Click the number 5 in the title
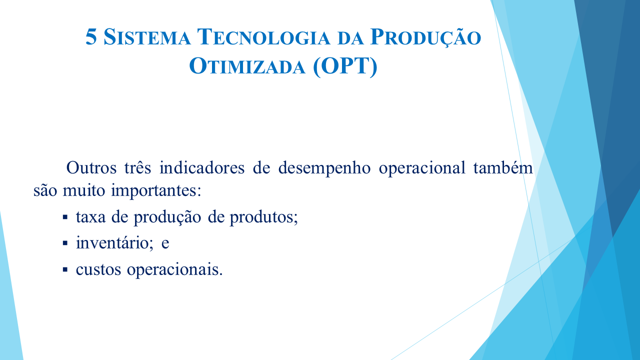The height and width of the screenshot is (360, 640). pyautogui.click(x=91, y=37)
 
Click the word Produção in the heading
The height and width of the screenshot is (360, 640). pyautogui.click(x=425, y=38)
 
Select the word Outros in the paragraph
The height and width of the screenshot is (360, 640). pyautogui.click(x=90, y=168)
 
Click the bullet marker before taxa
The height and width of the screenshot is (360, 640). pyautogui.click(x=65, y=217)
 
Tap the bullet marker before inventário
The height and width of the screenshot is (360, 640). pyautogui.click(x=65, y=243)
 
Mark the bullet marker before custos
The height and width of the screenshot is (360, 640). pyautogui.click(x=65, y=269)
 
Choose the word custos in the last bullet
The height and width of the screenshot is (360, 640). pyautogui.click(x=98, y=269)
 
